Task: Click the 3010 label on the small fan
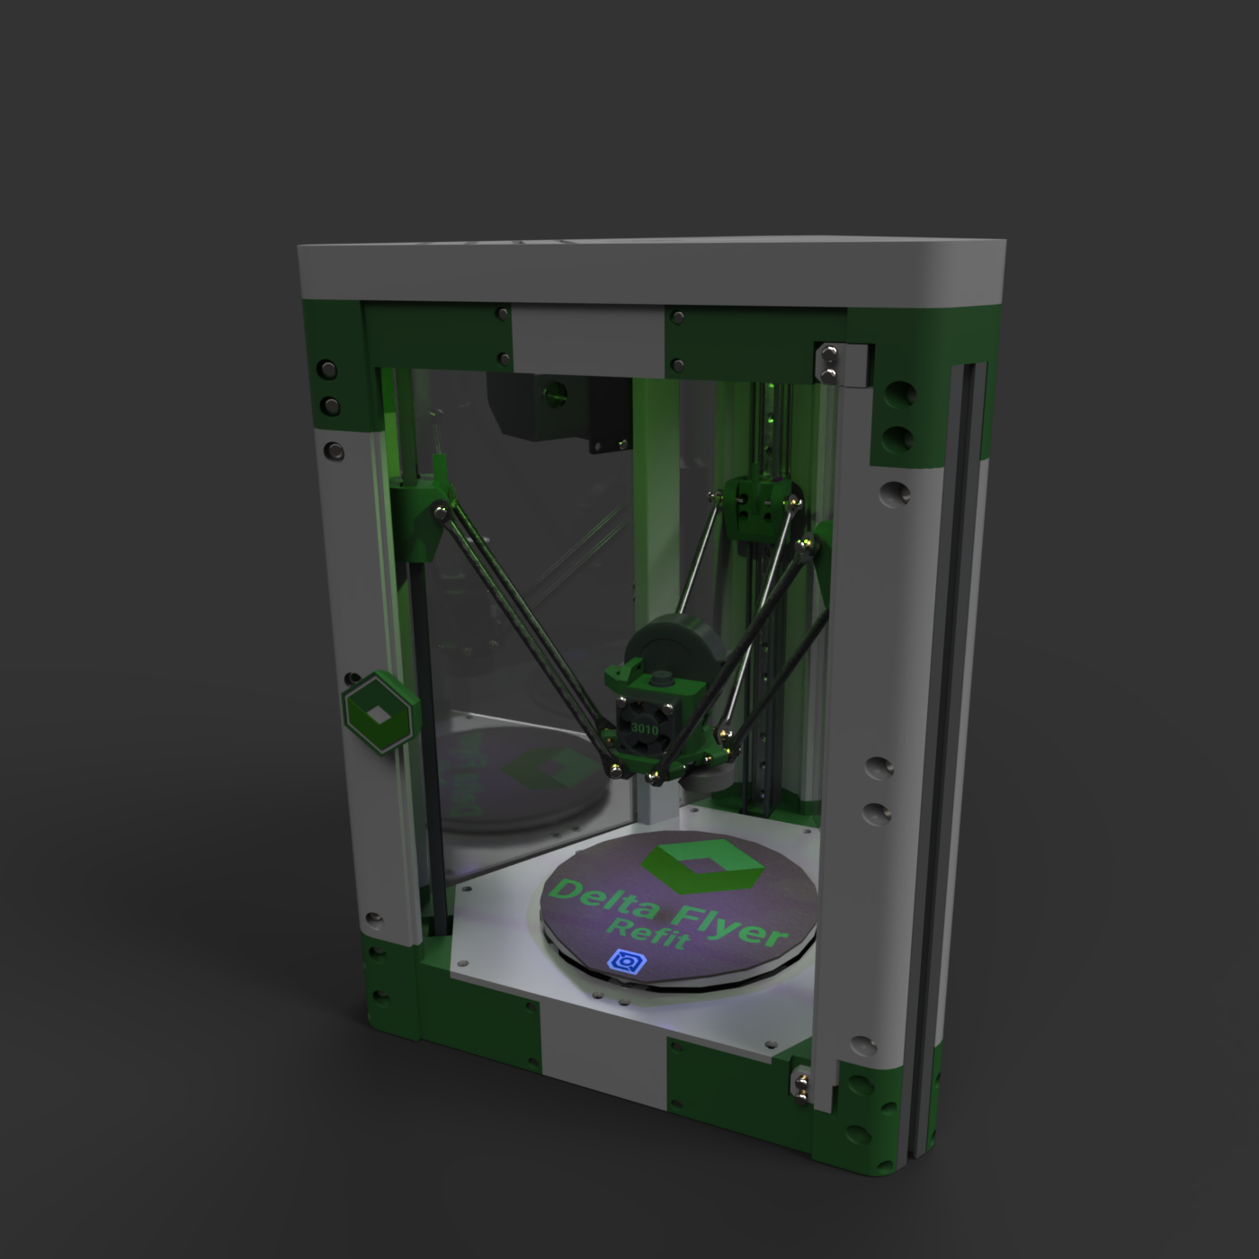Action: (x=644, y=728)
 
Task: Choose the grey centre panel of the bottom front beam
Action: (x=604, y=1040)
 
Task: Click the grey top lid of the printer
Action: (x=651, y=270)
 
